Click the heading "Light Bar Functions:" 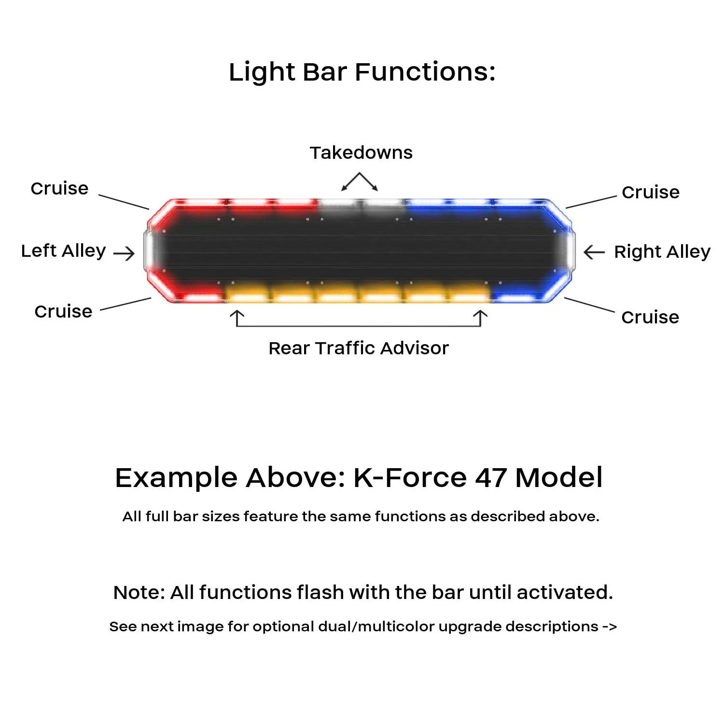pyautogui.click(x=362, y=72)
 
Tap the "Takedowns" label pyautogui.click(x=361, y=153)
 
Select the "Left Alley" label pyautogui.click(x=63, y=251)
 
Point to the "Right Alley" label pyautogui.click(x=662, y=252)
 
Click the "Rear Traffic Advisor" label pyautogui.click(x=359, y=348)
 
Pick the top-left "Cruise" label pyautogui.click(x=59, y=189)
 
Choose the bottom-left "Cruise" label pyautogui.click(x=63, y=312)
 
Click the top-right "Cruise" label pyautogui.click(x=651, y=193)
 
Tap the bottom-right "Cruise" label pyautogui.click(x=650, y=318)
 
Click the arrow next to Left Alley pyautogui.click(x=124, y=253)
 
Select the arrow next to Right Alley pyautogui.click(x=594, y=252)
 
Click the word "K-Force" pyautogui.click(x=410, y=478)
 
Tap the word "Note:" pyautogui.click(x=139, y=593)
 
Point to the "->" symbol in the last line pyautogui.click(x=610, y=627)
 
